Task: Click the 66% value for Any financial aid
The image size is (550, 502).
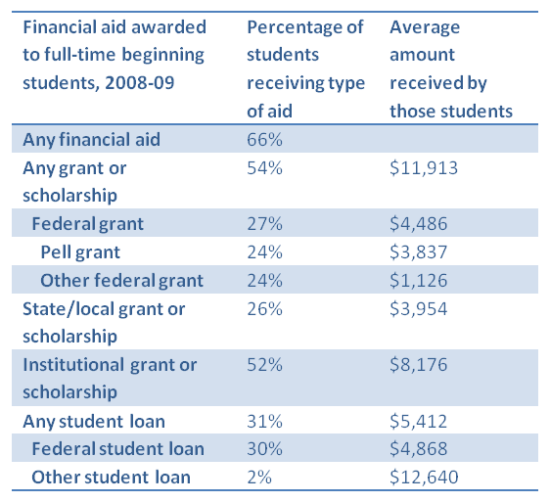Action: click(264, 139)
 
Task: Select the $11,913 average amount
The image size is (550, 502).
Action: click(424, 167)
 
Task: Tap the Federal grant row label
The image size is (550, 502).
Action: click(88, 224)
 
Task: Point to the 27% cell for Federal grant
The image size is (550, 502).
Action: click(264, 224)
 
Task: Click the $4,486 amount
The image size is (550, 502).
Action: click(419, 224)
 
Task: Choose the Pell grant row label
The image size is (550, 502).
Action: click(80, 251)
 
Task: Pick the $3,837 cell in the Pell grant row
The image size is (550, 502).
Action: click(419, 251)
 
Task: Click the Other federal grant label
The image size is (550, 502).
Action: click(121, 280)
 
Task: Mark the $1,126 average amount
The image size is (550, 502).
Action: click(419, 280)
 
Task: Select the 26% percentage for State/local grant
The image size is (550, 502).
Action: click(264, 308)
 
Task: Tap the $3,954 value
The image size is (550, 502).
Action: click(419, 308)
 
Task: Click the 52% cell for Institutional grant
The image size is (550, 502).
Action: click(264, 364)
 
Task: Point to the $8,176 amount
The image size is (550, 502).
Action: click(419, 364)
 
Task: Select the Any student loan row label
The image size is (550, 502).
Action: click(94, 422)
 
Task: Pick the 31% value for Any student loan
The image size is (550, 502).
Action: click(264, 421)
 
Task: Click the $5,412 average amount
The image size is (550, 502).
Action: click(419, 421)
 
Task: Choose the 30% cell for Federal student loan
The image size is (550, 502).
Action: click(264, 449)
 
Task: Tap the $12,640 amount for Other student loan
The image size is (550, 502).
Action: click(424, 478)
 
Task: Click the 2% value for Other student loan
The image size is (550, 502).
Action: click(259, 478)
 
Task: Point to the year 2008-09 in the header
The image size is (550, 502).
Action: click(140, 83)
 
